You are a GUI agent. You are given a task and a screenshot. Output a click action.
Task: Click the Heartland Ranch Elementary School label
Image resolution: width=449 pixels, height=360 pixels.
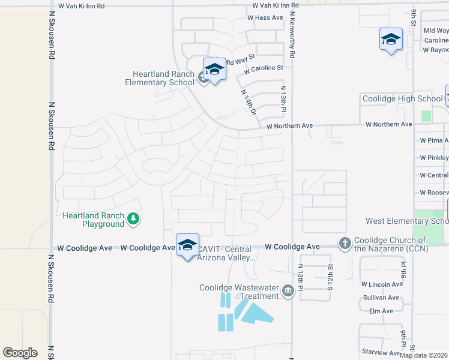pyautogui.click(x=160, y=78)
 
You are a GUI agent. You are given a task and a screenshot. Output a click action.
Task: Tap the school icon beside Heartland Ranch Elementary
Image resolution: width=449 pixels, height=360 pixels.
pyautogui.click(x=203, y=77)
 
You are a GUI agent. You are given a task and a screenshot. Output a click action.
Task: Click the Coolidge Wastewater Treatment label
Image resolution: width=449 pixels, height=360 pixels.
pyautogui.click(x=239, y=292)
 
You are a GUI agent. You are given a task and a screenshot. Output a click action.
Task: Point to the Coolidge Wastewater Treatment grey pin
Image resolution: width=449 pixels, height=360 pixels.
pyautogui.click(x=288, y=292)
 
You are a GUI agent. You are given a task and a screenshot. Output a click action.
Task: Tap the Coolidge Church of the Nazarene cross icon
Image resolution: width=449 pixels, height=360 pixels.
pyautogui.click(x=345, y=244)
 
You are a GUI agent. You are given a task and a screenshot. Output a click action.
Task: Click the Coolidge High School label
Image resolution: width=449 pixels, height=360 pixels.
pyautogui.click(x=402, y=98)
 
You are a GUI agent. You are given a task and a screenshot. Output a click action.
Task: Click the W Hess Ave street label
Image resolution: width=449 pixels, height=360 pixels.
pyautogui.click(x=265, y=18)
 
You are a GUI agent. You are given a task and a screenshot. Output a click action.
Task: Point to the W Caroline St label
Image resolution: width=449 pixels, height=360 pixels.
pyautogui.click(x=264, y=68)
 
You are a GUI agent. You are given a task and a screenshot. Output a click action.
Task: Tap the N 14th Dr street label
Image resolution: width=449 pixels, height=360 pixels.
pyautogui.click(x=249, y=103)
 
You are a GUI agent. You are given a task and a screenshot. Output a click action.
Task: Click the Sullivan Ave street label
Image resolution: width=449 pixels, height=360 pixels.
pyautogui.click(x=381, y=298)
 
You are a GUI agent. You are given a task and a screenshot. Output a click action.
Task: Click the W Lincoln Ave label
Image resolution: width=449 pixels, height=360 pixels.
pyautogui.click(x=382, y=284)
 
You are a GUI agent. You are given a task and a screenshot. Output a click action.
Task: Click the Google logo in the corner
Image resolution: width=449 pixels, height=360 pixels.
pyautogui.click(x=20, y=353)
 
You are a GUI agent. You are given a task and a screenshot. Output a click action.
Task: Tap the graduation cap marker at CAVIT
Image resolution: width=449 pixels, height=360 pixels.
pyautogui.click(x=187, y=244)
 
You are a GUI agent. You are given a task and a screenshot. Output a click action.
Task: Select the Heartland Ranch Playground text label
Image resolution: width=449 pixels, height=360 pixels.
pyautogui.click(x=93, y=220)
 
